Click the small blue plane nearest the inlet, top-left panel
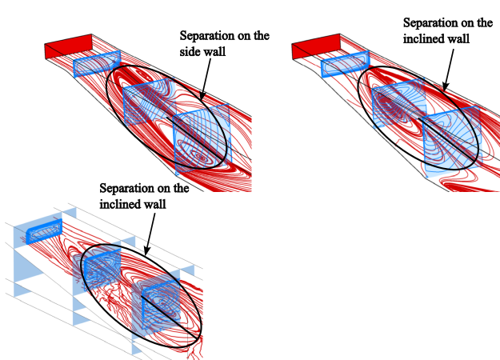[97, 63]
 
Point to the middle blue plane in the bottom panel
[99, 268]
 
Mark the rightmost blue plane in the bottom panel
[156, 303]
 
